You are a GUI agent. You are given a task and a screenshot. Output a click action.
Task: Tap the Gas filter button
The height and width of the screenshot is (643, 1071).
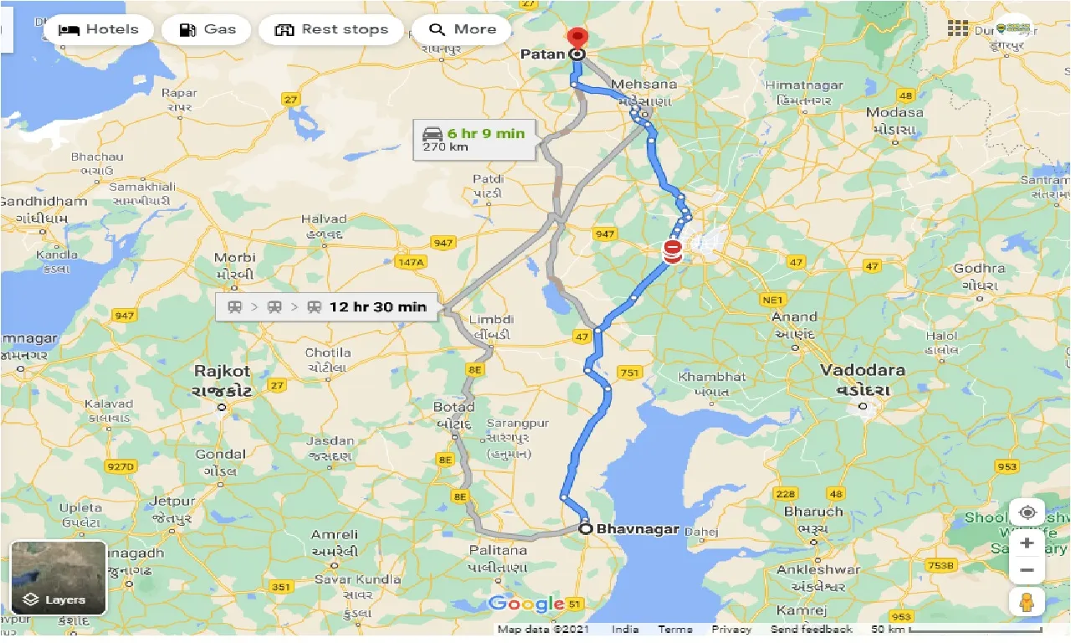tap(209, 29)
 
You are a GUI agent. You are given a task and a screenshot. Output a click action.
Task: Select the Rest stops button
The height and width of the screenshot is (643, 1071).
tap(332, 29)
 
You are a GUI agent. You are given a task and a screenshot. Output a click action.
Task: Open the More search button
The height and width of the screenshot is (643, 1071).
tap(462, 29)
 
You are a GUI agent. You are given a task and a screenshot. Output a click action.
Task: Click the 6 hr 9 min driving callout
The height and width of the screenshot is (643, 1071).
tap(474, 140)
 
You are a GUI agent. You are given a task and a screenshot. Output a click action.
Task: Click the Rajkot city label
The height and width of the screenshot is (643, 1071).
tap(222, 370)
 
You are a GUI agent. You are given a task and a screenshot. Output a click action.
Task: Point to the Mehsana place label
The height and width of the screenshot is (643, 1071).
tap(642, 85)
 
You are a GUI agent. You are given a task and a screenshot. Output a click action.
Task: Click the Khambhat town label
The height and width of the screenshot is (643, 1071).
tap(711, 377)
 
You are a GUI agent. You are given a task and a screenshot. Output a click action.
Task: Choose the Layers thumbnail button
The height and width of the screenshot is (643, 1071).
tap(59, 578)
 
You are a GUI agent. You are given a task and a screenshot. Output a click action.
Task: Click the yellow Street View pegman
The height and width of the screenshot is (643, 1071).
tap(1027, 601)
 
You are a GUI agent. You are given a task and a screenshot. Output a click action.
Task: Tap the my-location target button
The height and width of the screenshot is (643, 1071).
tap(1027, 512)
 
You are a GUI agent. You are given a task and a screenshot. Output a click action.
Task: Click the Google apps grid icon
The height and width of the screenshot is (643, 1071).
tap(958, 28)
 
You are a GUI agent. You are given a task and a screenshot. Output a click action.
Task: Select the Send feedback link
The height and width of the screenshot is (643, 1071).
tap(811, 630)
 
